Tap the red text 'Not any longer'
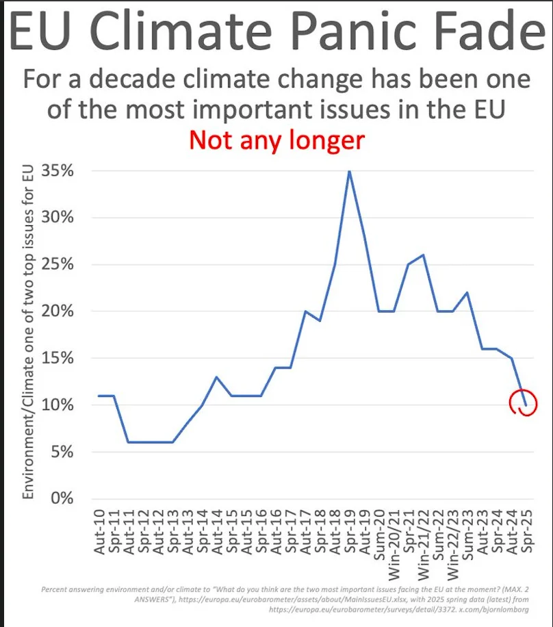tap(276, 140)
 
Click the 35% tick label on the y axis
tap(58, 171)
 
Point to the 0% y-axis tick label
tap(62, 498)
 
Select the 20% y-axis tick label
tap(58, 311)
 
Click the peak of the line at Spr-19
tap(350, 171)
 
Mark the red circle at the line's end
tap(524, 404)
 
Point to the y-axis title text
tap(29, 333)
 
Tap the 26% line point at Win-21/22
tap(423, 255)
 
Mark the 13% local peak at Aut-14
tap(216, 377)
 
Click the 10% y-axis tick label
tap(58, 405)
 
